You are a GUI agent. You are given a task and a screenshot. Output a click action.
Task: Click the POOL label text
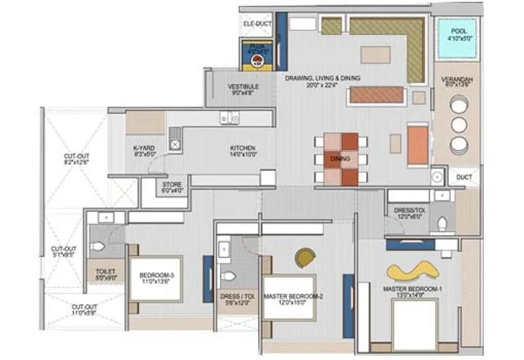(457, 30)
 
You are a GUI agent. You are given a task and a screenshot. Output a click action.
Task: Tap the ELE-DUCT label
(257, 24)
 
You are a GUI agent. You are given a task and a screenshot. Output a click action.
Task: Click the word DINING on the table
(340, 159)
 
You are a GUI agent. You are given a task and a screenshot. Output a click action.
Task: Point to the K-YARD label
(144, 149)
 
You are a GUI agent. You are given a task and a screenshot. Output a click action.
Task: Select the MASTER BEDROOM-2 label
(293, 297)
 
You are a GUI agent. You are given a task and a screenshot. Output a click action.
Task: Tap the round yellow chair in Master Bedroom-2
(305, 257)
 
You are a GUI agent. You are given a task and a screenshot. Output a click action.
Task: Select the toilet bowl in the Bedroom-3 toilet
(98, 247)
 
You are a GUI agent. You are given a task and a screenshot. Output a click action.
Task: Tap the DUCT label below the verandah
(463, 177)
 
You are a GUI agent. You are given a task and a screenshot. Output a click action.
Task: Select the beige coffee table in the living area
(376, 54)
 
